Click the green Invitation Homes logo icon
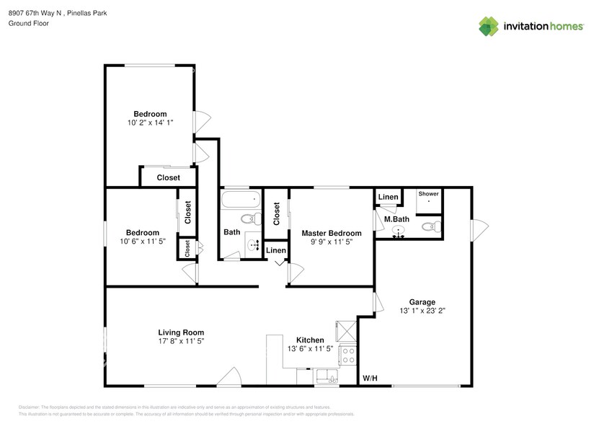click(x=489, y=26)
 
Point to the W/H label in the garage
click(x=370, y=378)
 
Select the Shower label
click(x=429, y=194)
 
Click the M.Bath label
click(x=396, y=219)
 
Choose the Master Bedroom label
click(x=331, y=233)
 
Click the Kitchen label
click(x=310, y=340)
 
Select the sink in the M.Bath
click(x=399, y=231)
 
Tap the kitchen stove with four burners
click(x=348, y=355)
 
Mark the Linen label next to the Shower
click(x=388, y=197)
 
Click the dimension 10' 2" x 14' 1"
click(x=150, y=123)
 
